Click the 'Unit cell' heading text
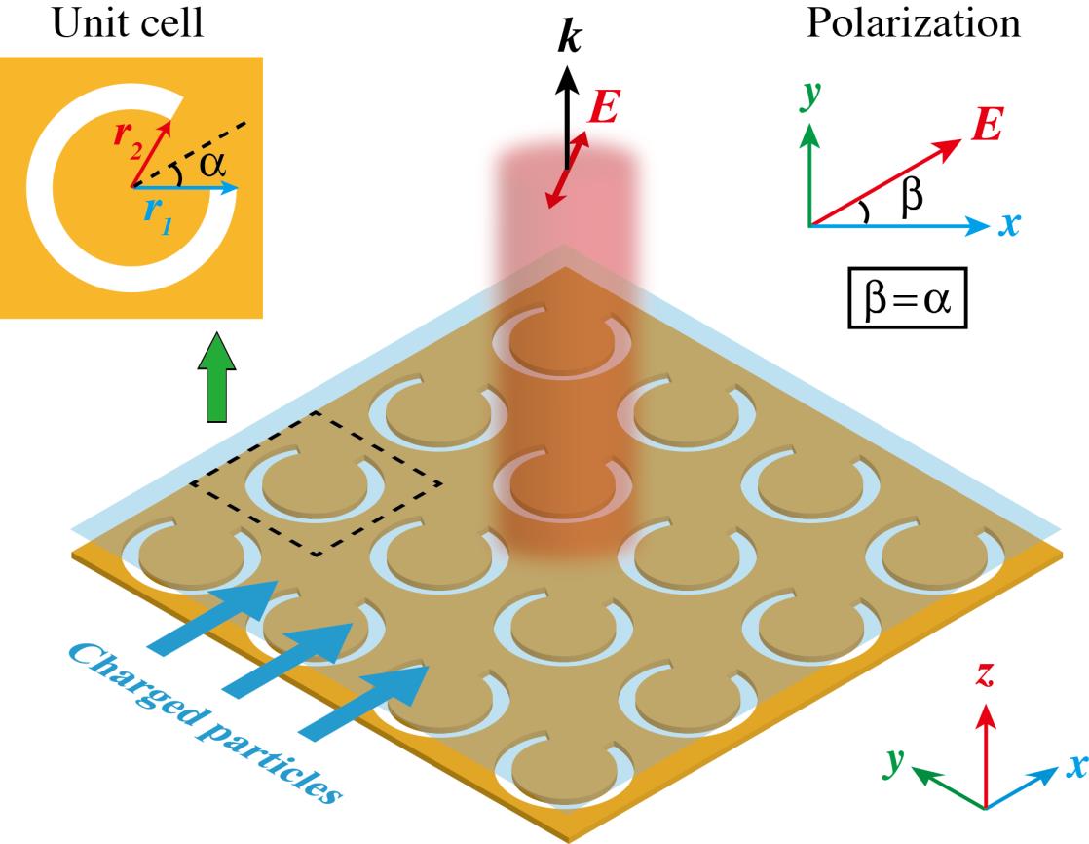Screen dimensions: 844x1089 (130, 24)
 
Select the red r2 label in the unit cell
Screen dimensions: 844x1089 (126, 138)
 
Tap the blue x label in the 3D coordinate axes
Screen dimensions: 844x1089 (1072, 763)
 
